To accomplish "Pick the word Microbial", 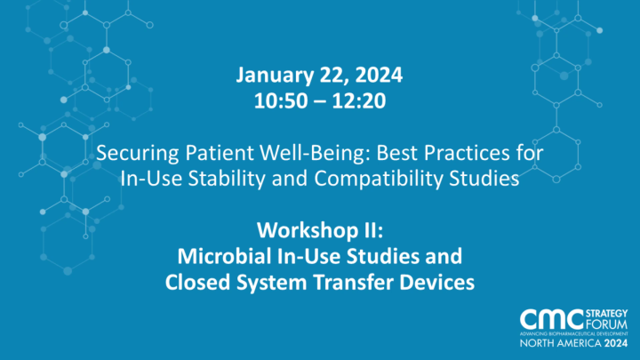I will pos(219,258).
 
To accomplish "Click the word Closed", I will pos(195,283).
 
